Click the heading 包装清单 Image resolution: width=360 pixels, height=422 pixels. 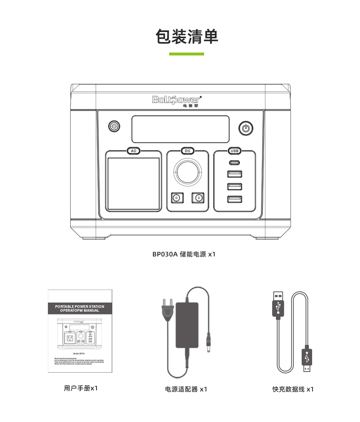point(187,37)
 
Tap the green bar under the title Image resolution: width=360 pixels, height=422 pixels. point(186,54)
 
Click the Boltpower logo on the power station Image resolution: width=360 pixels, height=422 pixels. point(177,100)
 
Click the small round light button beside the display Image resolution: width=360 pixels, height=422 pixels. point(114,126)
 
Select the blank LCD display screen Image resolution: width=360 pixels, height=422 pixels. point(180,129)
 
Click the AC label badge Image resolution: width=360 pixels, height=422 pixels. point(134,151)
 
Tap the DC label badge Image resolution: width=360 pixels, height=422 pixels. point(187,151)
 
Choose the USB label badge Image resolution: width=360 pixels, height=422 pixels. point(234,151)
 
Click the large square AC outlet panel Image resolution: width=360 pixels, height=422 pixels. point(134,184)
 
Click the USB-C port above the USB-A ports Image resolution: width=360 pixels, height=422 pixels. point(234,163)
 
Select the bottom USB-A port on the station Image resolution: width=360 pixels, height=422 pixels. point(234,199)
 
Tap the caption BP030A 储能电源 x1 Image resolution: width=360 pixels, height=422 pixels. point(184,254)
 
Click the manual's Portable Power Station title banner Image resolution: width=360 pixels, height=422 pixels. point(80,309)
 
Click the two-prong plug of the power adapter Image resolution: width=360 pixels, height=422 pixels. point(167,310)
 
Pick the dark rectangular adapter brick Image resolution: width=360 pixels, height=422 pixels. point(187,325)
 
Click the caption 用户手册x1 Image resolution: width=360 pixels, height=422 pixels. point(81,388)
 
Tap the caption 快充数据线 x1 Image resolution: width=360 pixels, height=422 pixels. point(293,389)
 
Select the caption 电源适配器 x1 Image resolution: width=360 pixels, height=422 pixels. point(186,389)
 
